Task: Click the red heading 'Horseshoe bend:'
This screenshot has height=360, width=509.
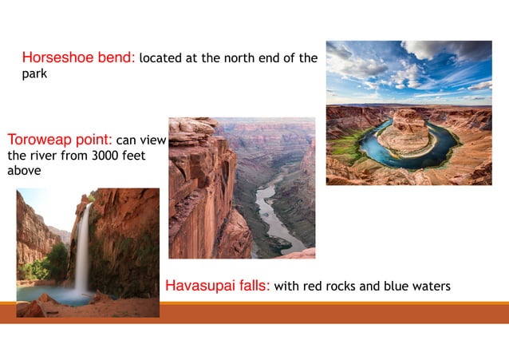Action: tap(79, 57)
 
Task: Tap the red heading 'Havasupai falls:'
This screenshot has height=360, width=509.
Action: tap(217, 286)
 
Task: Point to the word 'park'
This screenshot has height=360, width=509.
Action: tap(34, 74)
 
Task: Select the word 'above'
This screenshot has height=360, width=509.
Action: tap(24, 170)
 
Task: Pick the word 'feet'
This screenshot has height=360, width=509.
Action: tap(131, 156)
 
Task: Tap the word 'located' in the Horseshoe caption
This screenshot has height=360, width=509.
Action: tap(164, 58)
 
